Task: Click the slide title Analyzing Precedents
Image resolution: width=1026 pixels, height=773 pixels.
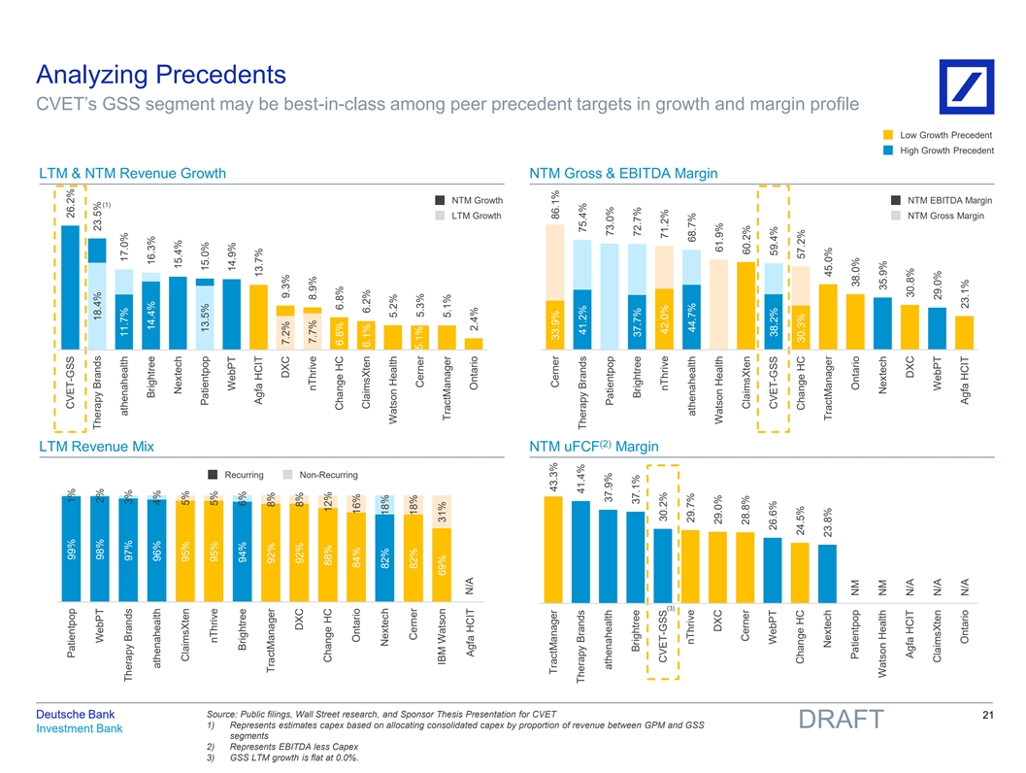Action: point(160,74)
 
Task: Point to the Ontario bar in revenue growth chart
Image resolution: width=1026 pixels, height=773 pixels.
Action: point(474,342)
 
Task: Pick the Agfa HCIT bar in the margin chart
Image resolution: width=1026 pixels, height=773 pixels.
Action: point(964,331)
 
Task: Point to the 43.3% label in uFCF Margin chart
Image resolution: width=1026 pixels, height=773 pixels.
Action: point(554,477)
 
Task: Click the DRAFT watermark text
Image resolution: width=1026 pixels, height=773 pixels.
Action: point(841,721)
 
